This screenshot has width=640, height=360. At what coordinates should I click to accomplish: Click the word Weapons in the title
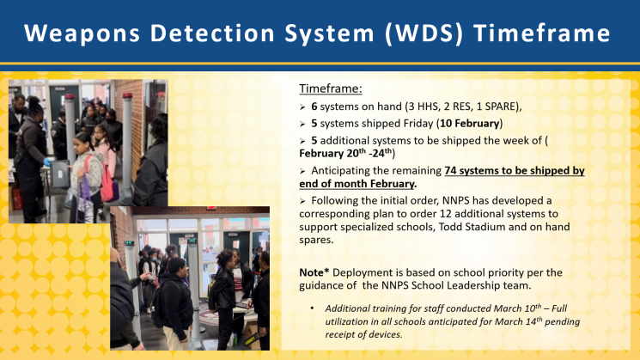(82, 34)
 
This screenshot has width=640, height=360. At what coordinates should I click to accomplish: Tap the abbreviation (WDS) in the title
(424, 34)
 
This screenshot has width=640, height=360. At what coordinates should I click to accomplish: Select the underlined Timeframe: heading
(331, 88)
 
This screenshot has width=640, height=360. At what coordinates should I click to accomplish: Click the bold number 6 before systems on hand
(314, 107)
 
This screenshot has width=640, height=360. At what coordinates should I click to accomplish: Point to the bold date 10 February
(469, 123)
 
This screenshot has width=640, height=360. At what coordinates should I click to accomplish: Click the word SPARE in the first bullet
(500, 107)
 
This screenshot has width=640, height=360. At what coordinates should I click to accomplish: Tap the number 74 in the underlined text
(450, 171)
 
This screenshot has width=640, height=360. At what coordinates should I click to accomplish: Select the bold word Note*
(314, 272)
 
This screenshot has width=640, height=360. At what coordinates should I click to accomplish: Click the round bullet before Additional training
(312, 308)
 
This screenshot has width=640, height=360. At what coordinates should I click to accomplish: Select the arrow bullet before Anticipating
(302, 171)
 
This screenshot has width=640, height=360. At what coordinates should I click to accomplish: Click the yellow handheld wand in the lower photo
(253, 339)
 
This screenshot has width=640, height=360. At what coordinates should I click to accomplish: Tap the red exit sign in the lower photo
(211, 208)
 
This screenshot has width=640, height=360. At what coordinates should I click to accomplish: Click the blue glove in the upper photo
(48, 162)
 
